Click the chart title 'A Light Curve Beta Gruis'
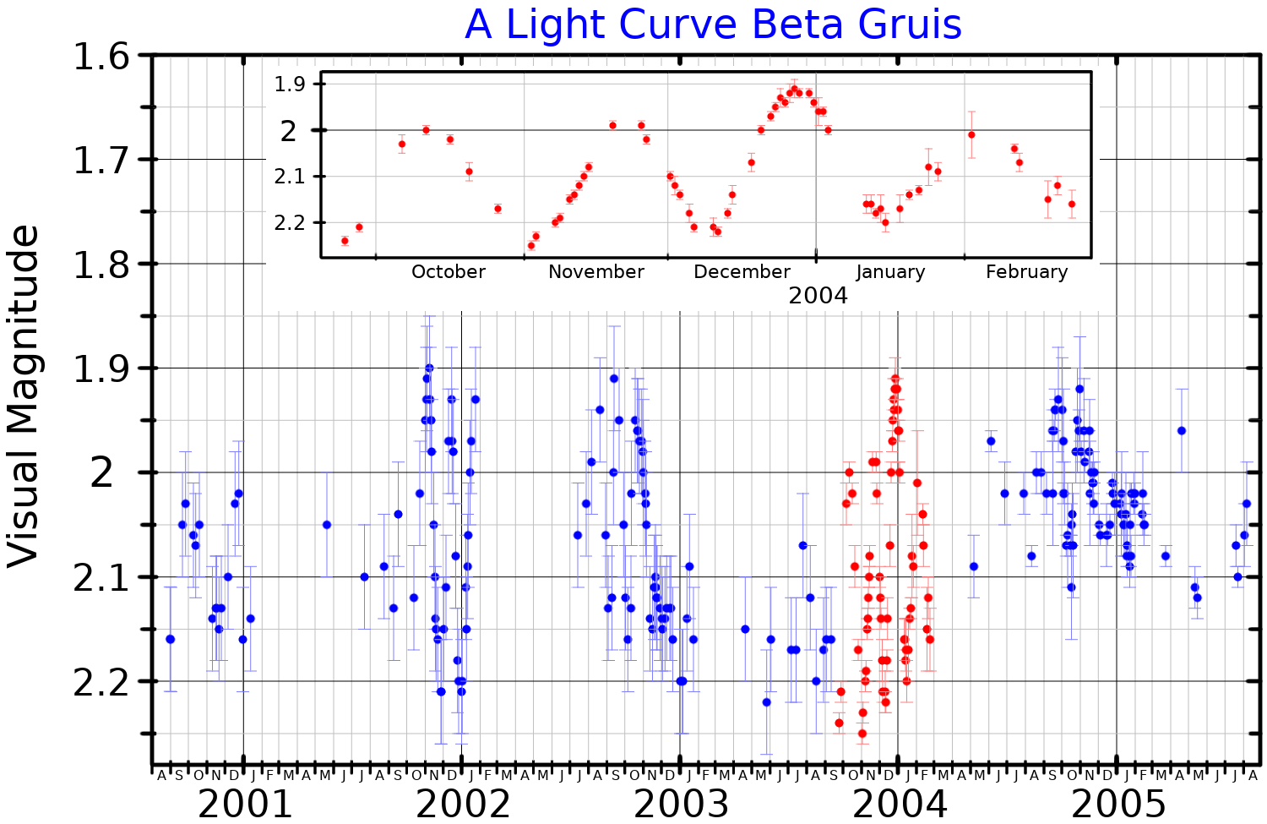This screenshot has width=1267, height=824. click(713, 25)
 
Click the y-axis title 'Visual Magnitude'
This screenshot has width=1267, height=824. click(24, 396)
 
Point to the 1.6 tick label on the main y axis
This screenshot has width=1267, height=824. click(101, 57)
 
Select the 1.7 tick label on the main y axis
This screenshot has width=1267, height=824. click(101, 161)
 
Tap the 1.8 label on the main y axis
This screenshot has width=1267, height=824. click(101, 265)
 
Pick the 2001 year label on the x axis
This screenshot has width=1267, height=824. click(245, 804)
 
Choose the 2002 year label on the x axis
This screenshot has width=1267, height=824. click(463, 804)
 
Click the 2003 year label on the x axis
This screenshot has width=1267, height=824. click(681, 804)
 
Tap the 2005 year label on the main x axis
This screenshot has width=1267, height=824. click(1118, 804)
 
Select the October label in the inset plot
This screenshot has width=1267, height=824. click(449, 272)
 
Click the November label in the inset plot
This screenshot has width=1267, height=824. click(596, 272)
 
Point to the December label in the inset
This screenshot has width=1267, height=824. click(742, 272)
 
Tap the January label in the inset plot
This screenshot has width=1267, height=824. click(890, 272)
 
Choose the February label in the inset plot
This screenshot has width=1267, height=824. click(1026, 272)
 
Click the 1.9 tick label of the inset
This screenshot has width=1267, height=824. click(289, 85)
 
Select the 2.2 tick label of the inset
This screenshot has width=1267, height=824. click(289, 223)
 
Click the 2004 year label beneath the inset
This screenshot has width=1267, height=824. click(818, 296)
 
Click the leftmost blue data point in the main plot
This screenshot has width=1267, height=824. click(170, 639)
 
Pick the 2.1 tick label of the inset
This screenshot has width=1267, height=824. click(289, 177)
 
